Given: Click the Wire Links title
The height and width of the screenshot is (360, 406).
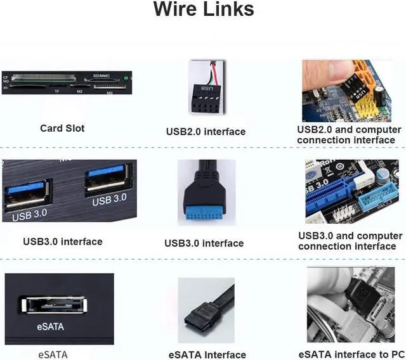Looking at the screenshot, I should click(x=203, y=10).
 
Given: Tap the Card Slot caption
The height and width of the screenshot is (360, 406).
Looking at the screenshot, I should click(x=62, y=128).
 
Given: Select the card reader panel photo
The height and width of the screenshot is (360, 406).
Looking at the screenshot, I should click(x=67, y=82).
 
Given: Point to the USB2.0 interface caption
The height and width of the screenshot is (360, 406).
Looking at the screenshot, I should click(x=206, y=132).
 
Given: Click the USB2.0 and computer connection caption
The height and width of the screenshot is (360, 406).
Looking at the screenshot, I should click(x=349, y=134).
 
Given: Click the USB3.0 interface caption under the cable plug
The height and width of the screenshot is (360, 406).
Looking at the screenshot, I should click(x=204, y=243).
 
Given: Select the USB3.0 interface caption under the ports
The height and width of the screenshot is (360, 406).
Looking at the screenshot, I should click(x=62, y=241).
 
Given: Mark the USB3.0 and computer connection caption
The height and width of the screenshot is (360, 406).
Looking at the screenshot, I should click(x=350, y=241).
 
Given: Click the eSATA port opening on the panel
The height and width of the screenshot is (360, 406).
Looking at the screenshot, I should click(x=53, y=305).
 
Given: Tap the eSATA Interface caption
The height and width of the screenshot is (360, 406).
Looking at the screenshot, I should click(x=207, y=355).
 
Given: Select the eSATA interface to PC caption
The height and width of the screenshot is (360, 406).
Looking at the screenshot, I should click(x=351, y=354).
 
